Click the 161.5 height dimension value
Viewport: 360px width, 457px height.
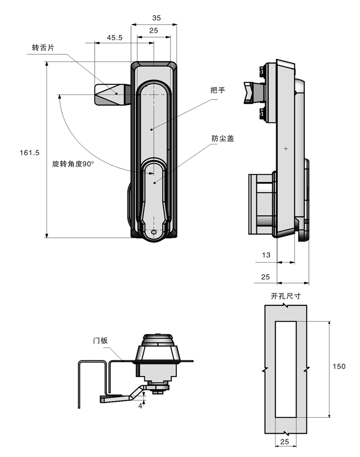[29, 153]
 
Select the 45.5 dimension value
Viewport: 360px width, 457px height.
[115, 38]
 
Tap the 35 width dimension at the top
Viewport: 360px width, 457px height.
[156, 18]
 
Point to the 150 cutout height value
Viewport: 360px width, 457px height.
[339, 367]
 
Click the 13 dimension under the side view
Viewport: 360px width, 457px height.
[266, 255]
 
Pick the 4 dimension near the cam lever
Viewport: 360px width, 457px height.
[140, 405]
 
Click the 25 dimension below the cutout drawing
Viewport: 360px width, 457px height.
[286, 442]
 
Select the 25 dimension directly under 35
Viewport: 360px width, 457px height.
[154, 30]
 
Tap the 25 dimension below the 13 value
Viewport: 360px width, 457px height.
[266, 276]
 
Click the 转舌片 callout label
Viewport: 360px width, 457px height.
[43, 48]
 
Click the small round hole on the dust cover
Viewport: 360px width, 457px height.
[154, 232]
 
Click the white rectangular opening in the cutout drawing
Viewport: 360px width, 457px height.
[286, 368]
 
